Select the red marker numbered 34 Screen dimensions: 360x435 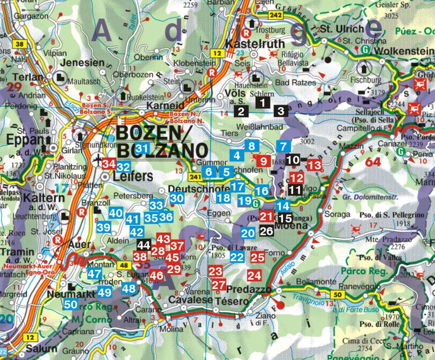[x=108, y=164]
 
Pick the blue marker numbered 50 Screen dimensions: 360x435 [x=70, y=305]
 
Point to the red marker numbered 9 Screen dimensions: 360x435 [x=263, y=160]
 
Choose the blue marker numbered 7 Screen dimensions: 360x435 [x=283, y=146]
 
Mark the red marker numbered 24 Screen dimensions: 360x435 [x=254, y=275]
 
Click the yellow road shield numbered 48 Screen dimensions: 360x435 [x=124, y=265]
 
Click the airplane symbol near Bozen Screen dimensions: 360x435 [x=98, y=161]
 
